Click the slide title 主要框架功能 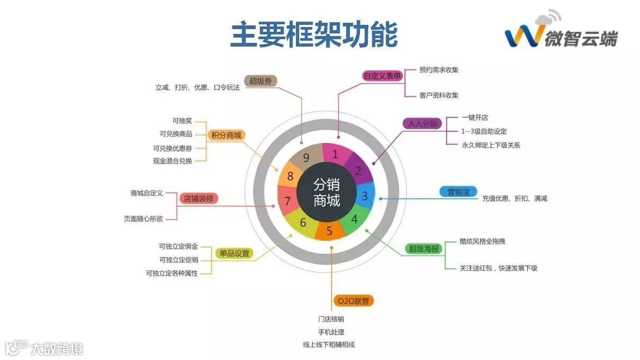coord(314,34)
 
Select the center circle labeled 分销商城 coord(326,192)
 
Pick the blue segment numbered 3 coord(364,196)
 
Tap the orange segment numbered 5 coord(329,230)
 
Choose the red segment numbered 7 coord(287,201)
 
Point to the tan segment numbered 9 coord(307,157)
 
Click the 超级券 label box coord(260,81)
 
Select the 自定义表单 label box coord(382,76)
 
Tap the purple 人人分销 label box coord(422,123)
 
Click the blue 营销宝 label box coord(458,192)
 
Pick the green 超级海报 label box coord(424,248)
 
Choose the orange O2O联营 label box coord(354,301)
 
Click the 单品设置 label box coord(234,253)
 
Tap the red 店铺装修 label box coord(198,199)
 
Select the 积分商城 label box coord(226,135)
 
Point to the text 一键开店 coord(474,117)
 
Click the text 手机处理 coord(331,332)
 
